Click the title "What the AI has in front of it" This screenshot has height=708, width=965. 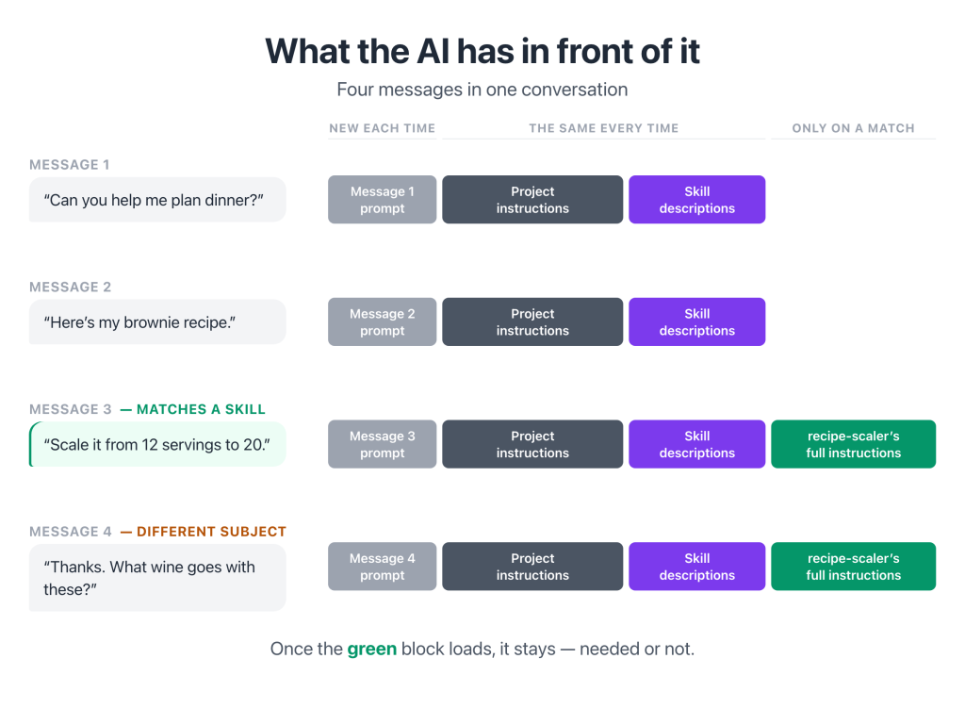482,51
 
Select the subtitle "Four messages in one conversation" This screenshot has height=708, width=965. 482,90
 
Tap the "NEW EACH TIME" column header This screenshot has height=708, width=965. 383,128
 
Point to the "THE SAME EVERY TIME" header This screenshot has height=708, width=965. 604,128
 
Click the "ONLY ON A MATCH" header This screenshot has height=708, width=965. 853,128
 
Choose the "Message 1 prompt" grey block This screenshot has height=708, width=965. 383,200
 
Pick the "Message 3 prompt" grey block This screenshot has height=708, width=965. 383,444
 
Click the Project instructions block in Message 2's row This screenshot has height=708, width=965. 532,322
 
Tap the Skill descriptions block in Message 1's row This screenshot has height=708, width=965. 696,200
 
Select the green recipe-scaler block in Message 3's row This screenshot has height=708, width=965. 853,444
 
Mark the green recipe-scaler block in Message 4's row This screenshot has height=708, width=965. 853,567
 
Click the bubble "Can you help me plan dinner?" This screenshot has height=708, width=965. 157,200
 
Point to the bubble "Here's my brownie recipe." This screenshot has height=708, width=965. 157,322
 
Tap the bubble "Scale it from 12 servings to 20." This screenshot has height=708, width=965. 157,444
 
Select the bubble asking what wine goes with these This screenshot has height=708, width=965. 157,578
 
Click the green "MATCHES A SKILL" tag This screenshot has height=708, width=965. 192,409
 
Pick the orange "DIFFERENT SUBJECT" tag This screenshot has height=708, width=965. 204,532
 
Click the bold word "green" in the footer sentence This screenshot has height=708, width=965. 371,650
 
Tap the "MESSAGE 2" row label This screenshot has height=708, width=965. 70,287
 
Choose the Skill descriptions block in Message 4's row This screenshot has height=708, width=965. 696,567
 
